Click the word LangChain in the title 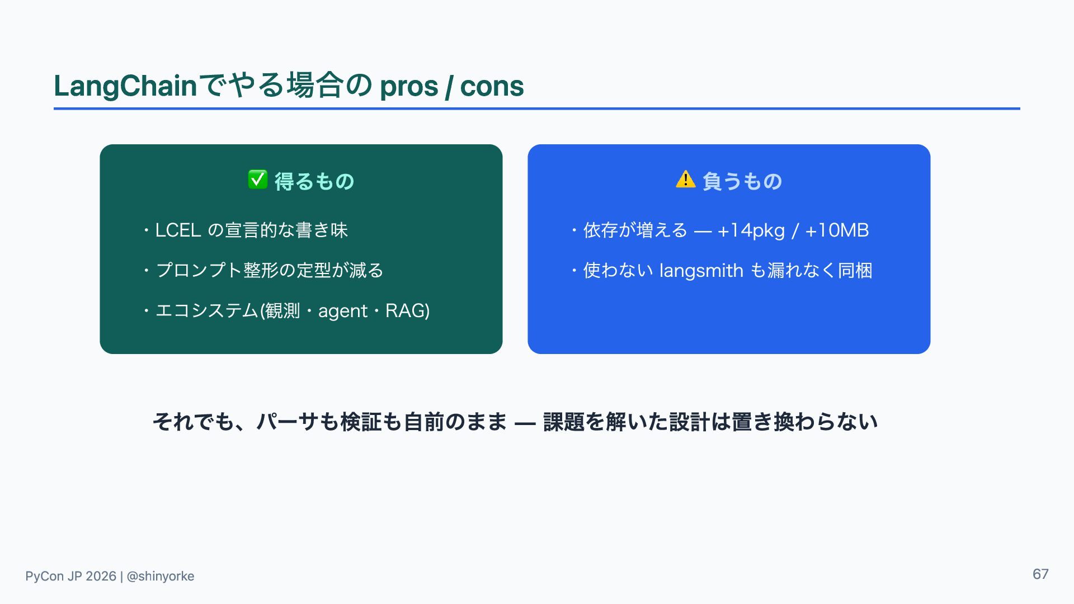tap(125, 86)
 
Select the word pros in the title tap(409, 87)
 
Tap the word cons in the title tap(492, 87)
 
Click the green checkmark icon tap(257, 180)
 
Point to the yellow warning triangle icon tap(686, 180)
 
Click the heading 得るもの tap(314, 181)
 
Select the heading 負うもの tap(742, 181)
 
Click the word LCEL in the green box tap(178, 230)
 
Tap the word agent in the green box tap(343, 311)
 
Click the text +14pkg tap(751, 230)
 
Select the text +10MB tap(837, 230)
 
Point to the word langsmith tap(701, 271)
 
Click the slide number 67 tap(1040, 574)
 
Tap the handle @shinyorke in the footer tap(161, 577)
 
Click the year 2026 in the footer tap(101, 576)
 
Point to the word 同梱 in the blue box tap(855, 271)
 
